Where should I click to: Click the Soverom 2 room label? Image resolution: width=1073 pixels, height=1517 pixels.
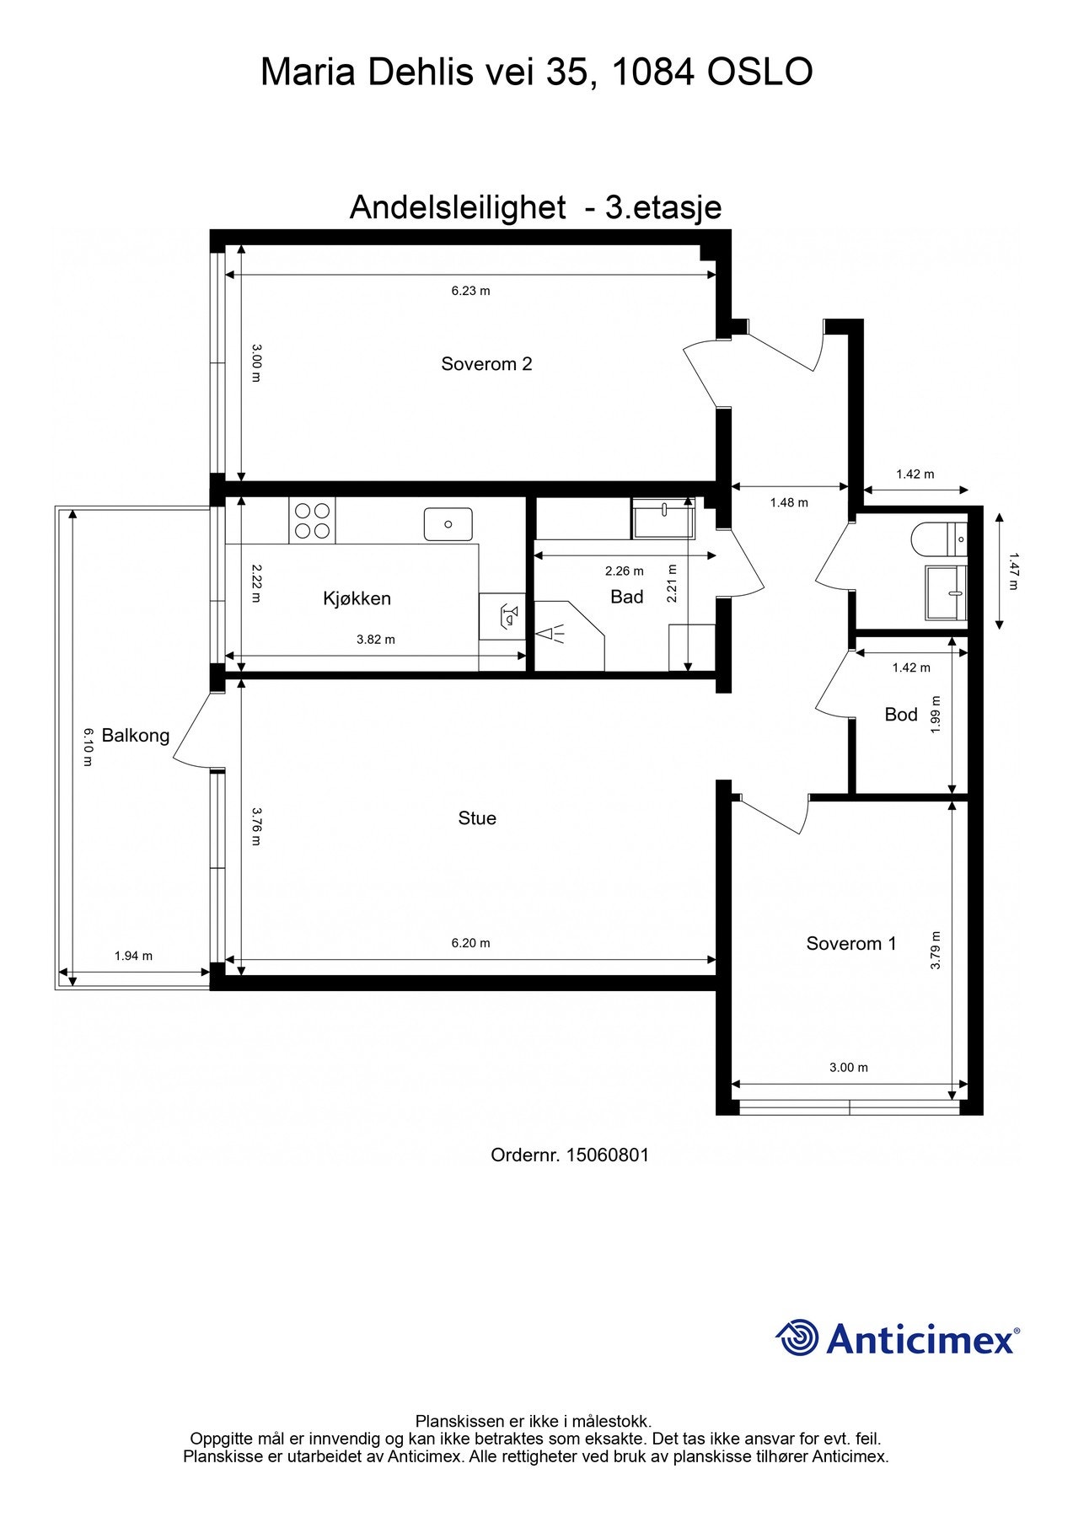pos(486,364)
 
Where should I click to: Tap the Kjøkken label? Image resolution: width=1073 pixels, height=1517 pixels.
pos(357,598)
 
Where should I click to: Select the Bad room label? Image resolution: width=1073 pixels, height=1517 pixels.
pos(626,597)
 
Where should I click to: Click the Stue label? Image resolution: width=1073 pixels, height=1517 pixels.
pos(477,818)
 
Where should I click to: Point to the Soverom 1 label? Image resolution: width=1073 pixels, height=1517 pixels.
pos(850,944)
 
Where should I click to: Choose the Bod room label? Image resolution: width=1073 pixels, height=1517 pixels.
pos(900,715)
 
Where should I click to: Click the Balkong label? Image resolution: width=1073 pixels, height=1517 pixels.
pos(135,735)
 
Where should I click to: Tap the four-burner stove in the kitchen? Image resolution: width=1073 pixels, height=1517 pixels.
pos(312,520)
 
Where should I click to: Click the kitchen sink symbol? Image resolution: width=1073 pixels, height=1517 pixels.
pos(448,524)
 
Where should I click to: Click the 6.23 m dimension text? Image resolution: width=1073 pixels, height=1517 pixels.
pos(470,291)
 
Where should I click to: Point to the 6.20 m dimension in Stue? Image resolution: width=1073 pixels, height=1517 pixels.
pos(470,943)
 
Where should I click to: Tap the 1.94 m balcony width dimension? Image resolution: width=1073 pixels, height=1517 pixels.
pos(133,956)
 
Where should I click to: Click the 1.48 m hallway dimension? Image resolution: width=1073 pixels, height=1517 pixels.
pos(788,502)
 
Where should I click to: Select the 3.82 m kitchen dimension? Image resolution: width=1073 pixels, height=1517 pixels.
pos(375,640)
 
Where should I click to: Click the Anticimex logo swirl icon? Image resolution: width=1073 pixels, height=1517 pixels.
pos(797,1337)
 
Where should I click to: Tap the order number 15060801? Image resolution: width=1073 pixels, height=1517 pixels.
pos(607,1155)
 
